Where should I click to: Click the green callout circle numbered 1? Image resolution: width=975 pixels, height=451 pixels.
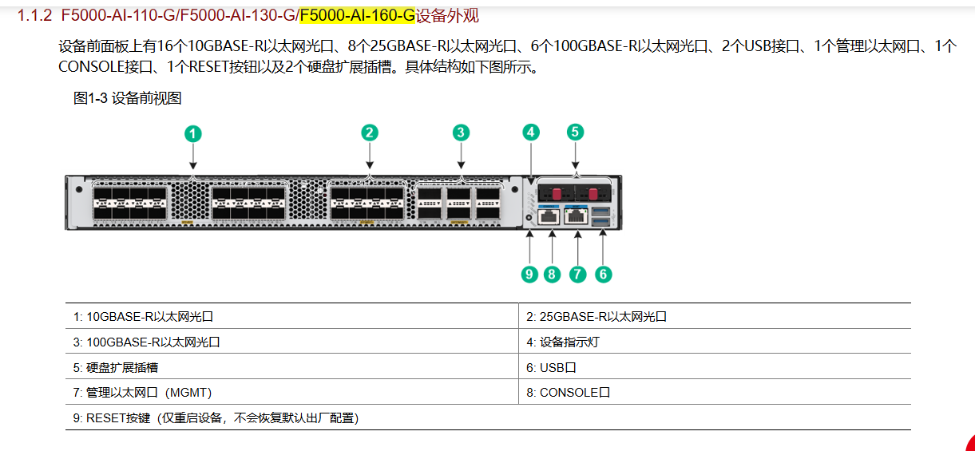(192, 134)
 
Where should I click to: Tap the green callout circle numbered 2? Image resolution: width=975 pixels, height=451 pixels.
(370, 133)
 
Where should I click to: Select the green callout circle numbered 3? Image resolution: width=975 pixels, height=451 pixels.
(461, 133)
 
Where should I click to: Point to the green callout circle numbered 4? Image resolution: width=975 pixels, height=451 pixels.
(531, 133)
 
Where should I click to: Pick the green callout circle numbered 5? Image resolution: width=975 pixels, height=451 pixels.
(575, 132)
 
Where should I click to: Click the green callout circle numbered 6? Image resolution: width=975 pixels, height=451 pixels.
(603, 275)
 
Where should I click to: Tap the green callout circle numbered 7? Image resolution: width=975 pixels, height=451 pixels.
(577, 275)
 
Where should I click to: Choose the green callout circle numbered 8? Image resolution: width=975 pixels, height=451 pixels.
(552, 275)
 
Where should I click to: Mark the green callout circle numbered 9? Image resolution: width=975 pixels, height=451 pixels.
(529, 275)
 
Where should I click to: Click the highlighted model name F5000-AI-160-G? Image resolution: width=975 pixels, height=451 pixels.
(358, 16)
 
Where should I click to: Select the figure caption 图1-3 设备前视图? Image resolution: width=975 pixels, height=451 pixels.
(127, 98)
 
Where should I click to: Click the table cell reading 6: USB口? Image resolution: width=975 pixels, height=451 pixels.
(551, 368)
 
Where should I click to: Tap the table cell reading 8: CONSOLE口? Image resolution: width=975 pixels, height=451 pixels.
(568, 393)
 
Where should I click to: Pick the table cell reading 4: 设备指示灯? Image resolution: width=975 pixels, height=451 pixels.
(563, 342)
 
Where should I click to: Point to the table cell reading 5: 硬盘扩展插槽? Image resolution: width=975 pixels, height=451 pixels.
(115, 368)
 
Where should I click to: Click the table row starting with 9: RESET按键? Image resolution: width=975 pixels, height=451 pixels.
(216, 418)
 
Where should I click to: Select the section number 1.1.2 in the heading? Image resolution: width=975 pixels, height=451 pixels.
(34, 16)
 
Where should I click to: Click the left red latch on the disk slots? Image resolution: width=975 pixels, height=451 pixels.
(557, 193)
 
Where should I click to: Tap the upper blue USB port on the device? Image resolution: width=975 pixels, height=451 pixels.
(601, 212)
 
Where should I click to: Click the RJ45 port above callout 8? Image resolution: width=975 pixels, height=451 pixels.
(549, 216)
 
